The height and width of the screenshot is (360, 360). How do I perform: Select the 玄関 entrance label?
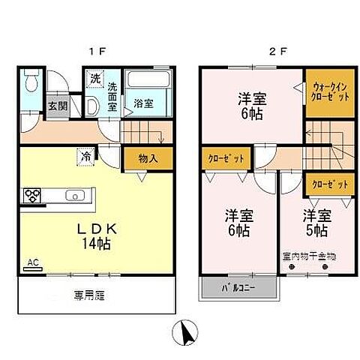[x=57, y=106]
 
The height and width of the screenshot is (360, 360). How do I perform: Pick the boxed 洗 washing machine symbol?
[x=95, y=77]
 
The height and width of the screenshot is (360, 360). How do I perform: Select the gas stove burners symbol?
[x=34, y=196]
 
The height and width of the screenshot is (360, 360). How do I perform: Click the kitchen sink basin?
[x=76, y=196]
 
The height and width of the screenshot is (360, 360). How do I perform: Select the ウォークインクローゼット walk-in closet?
[x=328, y=91]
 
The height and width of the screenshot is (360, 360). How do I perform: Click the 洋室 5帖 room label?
[x=314, y=223]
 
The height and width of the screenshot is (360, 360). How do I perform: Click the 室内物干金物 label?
[x=308, y=256]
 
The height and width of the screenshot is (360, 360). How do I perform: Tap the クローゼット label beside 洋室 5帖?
[x=328, y=183]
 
